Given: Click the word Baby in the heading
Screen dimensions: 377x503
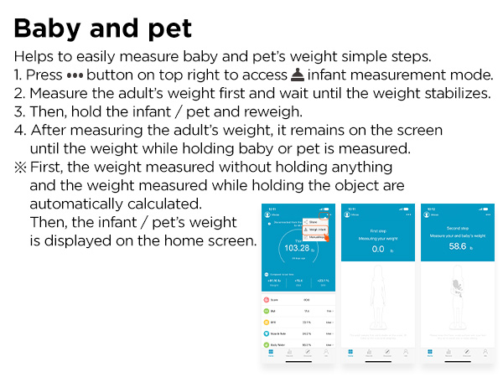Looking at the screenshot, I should [49, 28].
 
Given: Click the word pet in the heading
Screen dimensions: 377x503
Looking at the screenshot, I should [169, 28].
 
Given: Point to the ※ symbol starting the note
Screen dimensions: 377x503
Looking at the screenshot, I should [18, 167].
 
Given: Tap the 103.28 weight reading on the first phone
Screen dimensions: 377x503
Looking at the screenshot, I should [297, 248].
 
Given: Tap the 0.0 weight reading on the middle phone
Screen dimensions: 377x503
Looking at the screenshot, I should [377, 249].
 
